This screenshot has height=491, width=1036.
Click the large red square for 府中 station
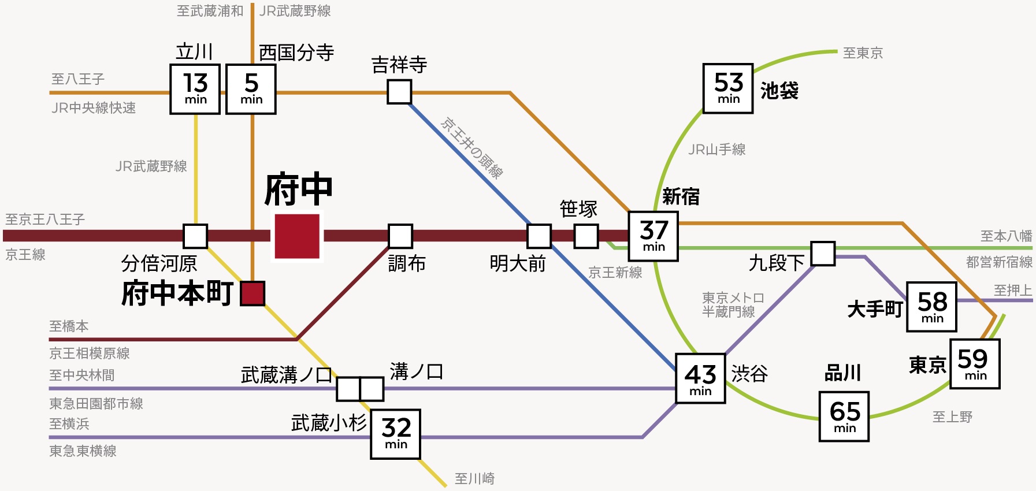[297, 236]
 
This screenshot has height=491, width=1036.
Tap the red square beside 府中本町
[252, 293]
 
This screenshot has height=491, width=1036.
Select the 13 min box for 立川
[195, 89]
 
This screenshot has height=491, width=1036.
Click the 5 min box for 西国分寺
[251, 89]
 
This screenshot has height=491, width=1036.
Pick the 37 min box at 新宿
[653, 236]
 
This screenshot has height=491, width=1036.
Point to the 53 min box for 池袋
[728, 88]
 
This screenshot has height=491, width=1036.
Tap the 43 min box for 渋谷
[700, 378]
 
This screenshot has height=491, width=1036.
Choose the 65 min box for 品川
[844, 416]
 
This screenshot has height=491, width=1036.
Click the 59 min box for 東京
[975, 364]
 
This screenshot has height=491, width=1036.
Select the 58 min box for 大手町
[931, 307]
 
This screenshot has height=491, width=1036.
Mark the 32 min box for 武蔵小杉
[395, 434]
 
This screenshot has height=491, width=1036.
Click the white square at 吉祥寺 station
[399, 92]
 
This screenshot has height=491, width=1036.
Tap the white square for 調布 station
[400, 236]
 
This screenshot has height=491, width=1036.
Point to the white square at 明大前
[539, 236]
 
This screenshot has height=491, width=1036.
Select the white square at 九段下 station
[823, 254]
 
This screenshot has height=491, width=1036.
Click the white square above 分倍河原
[195, 236]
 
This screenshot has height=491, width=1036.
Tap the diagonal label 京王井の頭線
[471, 148]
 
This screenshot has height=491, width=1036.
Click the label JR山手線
[717, 150]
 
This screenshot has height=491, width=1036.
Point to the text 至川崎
[474, 478]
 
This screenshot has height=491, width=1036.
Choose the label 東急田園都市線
[96, 403]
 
